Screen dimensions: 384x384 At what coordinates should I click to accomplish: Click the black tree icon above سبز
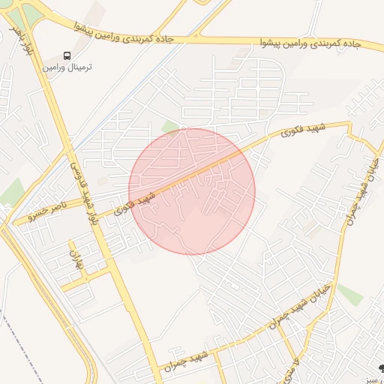tap(379, 367)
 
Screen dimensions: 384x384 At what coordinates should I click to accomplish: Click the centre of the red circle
tap(192, 191)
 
